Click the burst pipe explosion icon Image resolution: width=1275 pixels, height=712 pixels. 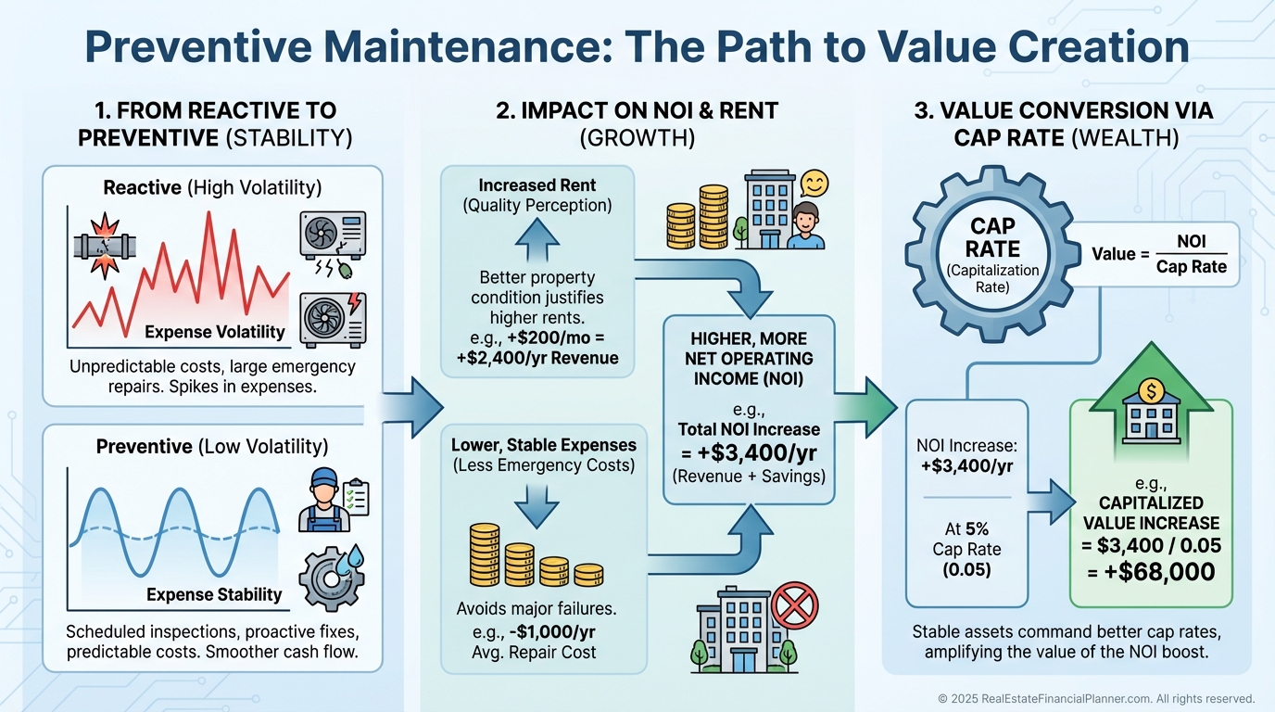pos(104,249)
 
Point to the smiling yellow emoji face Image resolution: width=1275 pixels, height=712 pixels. pos(813,182)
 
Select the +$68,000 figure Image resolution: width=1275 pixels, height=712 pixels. pos(1151,572)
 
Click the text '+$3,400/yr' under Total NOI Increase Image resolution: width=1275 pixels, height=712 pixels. pos(749,453)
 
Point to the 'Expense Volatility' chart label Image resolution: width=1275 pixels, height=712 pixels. pos(215,332)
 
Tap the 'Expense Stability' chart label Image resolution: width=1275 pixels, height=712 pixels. pos(214,594)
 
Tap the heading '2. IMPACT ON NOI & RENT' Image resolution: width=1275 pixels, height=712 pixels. pos(637,111)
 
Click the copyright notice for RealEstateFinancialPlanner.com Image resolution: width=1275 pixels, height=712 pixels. pos(1096,699)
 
